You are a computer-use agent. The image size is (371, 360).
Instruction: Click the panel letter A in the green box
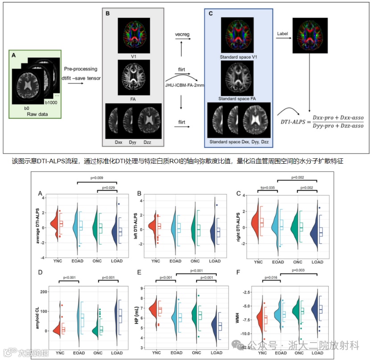point(14,55)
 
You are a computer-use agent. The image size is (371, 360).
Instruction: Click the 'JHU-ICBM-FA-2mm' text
point(184,85)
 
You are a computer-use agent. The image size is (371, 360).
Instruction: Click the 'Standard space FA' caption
point(237,97)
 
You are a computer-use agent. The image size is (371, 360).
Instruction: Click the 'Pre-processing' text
point(81,69)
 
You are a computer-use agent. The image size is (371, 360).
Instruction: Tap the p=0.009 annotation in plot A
point(96,178)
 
